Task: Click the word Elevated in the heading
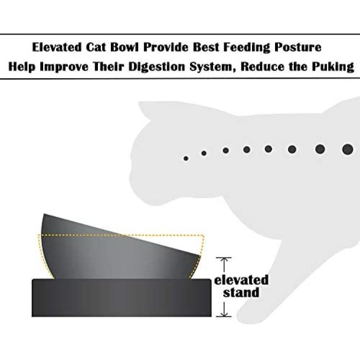(x=57, y=47)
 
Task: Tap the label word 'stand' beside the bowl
(x=241, y=292)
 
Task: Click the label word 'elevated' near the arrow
(x=241, y=280)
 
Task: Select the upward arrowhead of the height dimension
(x=224, y=259)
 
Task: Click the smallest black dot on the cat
(x=186, y=158)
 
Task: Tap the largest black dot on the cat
(x=348, y=149)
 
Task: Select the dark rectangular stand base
(x=121, y=298)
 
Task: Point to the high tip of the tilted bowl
(x=44, y=214)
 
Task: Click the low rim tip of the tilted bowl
(x=200, y=255)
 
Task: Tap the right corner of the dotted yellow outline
(x=204, y=235)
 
